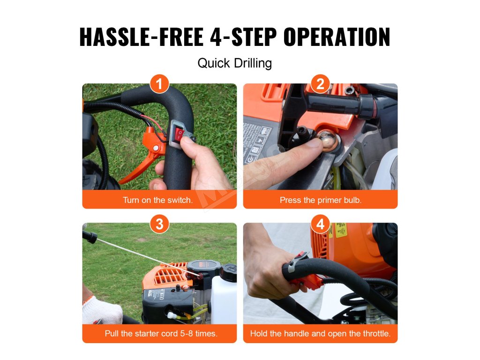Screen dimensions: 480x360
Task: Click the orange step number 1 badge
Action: click(x=159, y=83)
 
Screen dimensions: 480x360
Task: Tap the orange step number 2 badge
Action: click(x=320, y=83)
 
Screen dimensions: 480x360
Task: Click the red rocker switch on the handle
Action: click(x=179, y=135)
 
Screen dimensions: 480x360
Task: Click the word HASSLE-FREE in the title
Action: click(x=142, y=37)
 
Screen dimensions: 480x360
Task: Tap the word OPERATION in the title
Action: click(x=337, y=37)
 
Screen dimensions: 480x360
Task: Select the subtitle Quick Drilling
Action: click(x=234, y=63)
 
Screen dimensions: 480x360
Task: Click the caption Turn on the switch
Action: click(x=157, y=200)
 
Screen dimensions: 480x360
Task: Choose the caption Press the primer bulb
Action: click(x=321, y=200)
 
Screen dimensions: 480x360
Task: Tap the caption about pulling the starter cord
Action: click(x=161, y=333)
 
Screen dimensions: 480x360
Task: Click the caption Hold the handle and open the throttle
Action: click(x=320, y=333)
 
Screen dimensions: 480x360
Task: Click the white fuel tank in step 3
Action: click(x=223, y=299)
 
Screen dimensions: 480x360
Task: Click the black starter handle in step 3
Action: click(x=90, y=236)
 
